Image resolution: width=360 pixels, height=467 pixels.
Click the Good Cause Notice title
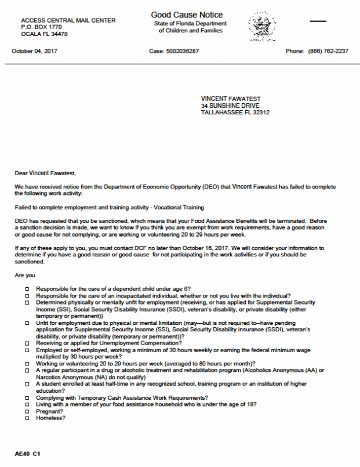pyautogui.click(x=186, y=15)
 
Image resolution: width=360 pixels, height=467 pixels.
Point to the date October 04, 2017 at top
pyautogui.click(x=35, y=51)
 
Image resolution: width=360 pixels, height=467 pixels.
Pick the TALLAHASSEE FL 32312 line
pyautogui.click(x=235, y=113)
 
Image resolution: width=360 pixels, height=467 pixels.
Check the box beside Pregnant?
pyautogui.click(x=27, y=411)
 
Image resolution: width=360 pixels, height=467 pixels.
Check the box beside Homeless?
pyautogui.click(x=27, y=418)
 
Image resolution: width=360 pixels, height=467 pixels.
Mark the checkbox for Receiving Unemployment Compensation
pyautogui.click(x=27, y=343)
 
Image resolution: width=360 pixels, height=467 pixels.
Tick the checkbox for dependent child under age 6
pyautogui.click(x=27, y=288)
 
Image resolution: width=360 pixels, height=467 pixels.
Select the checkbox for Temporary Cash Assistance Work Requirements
pyautogui.click(x=27, y=397)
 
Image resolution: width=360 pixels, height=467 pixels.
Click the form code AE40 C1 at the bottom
pyautogui.click(x=28, y=452)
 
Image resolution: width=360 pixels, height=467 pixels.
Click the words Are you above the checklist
pyautogui.click(x=24, y=275)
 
